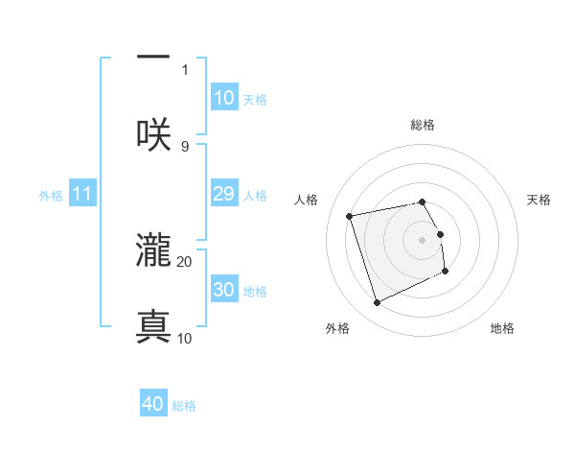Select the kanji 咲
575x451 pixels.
coord(153,134)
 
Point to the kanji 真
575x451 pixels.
coord(153,326)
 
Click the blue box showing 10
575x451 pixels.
coord(223,98)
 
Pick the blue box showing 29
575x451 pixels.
coord(223,194)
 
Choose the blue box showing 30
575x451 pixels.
coord(223,290)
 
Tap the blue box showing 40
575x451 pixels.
coord(153,404)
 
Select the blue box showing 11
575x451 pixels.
coord(82,194)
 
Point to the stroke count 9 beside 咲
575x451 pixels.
coord(185,146)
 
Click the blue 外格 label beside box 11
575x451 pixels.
coord(51,196)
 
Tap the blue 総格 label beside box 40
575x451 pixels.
coord(184,406)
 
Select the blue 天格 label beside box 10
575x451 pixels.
coord(255,100)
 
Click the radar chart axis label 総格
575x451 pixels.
coord(423,125)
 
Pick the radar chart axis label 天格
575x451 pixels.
coord(540,200)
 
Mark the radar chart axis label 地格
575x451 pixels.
coord(502,328)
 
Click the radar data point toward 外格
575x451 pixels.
coord(377,303)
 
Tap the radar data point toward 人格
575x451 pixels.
coord(349,215)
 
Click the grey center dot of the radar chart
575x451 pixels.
coord(423,239)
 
